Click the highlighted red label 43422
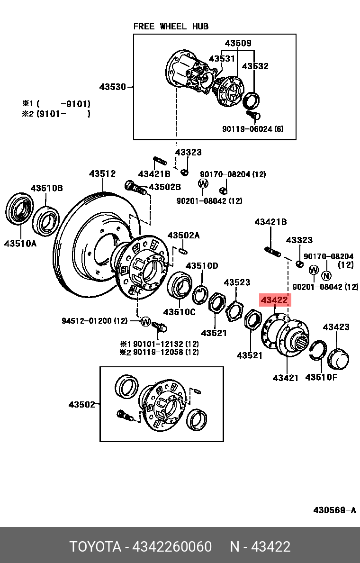point(275,300)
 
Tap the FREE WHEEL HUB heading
point(171,27)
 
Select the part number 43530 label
point(113,87)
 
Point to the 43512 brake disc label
point(102,174)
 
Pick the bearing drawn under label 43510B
point(46,221)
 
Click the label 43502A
point(184,236)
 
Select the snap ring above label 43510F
point(318,351)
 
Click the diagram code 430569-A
point(334,510)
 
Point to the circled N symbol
point(326,276)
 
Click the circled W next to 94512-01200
point(145,321)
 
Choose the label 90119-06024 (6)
point(252,129)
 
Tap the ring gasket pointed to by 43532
point(252,100)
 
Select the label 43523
point(237,282)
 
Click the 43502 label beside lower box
point(82,405)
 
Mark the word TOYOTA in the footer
point(95,547)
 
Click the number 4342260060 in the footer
point(172,547)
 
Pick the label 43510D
point(202,266)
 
